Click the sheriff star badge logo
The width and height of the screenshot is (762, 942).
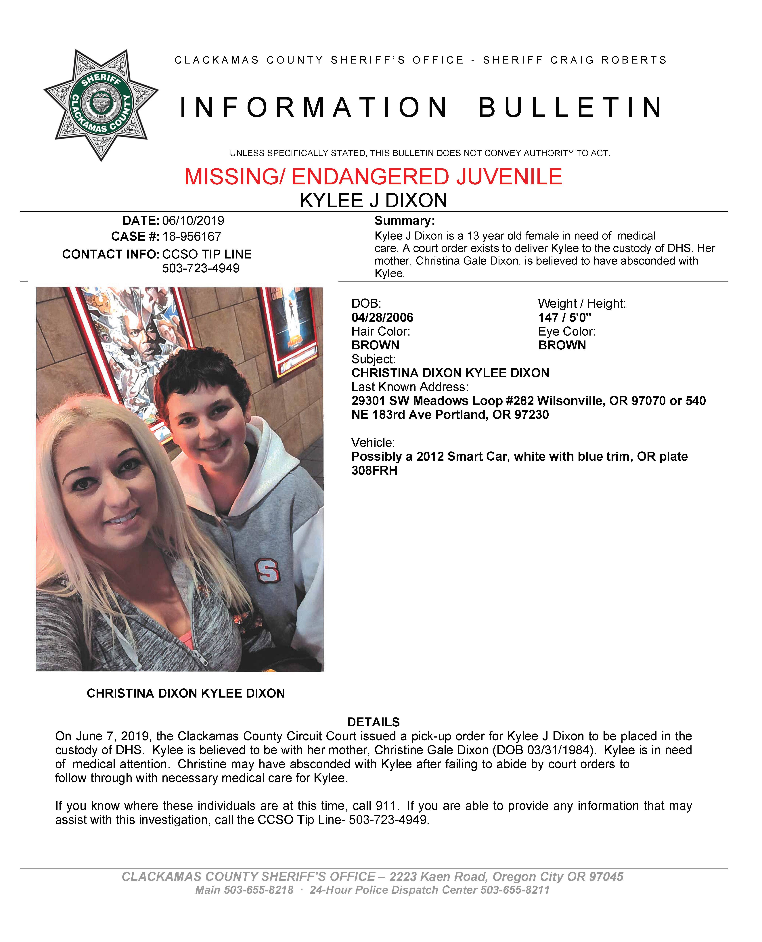pos(101,104)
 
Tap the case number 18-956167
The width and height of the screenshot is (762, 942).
pos(192,237)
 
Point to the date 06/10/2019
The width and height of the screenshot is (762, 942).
pos(193,220)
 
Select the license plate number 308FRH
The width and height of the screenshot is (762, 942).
pos(374,471)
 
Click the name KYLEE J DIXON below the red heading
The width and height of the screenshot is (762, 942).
pos(374,201)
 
